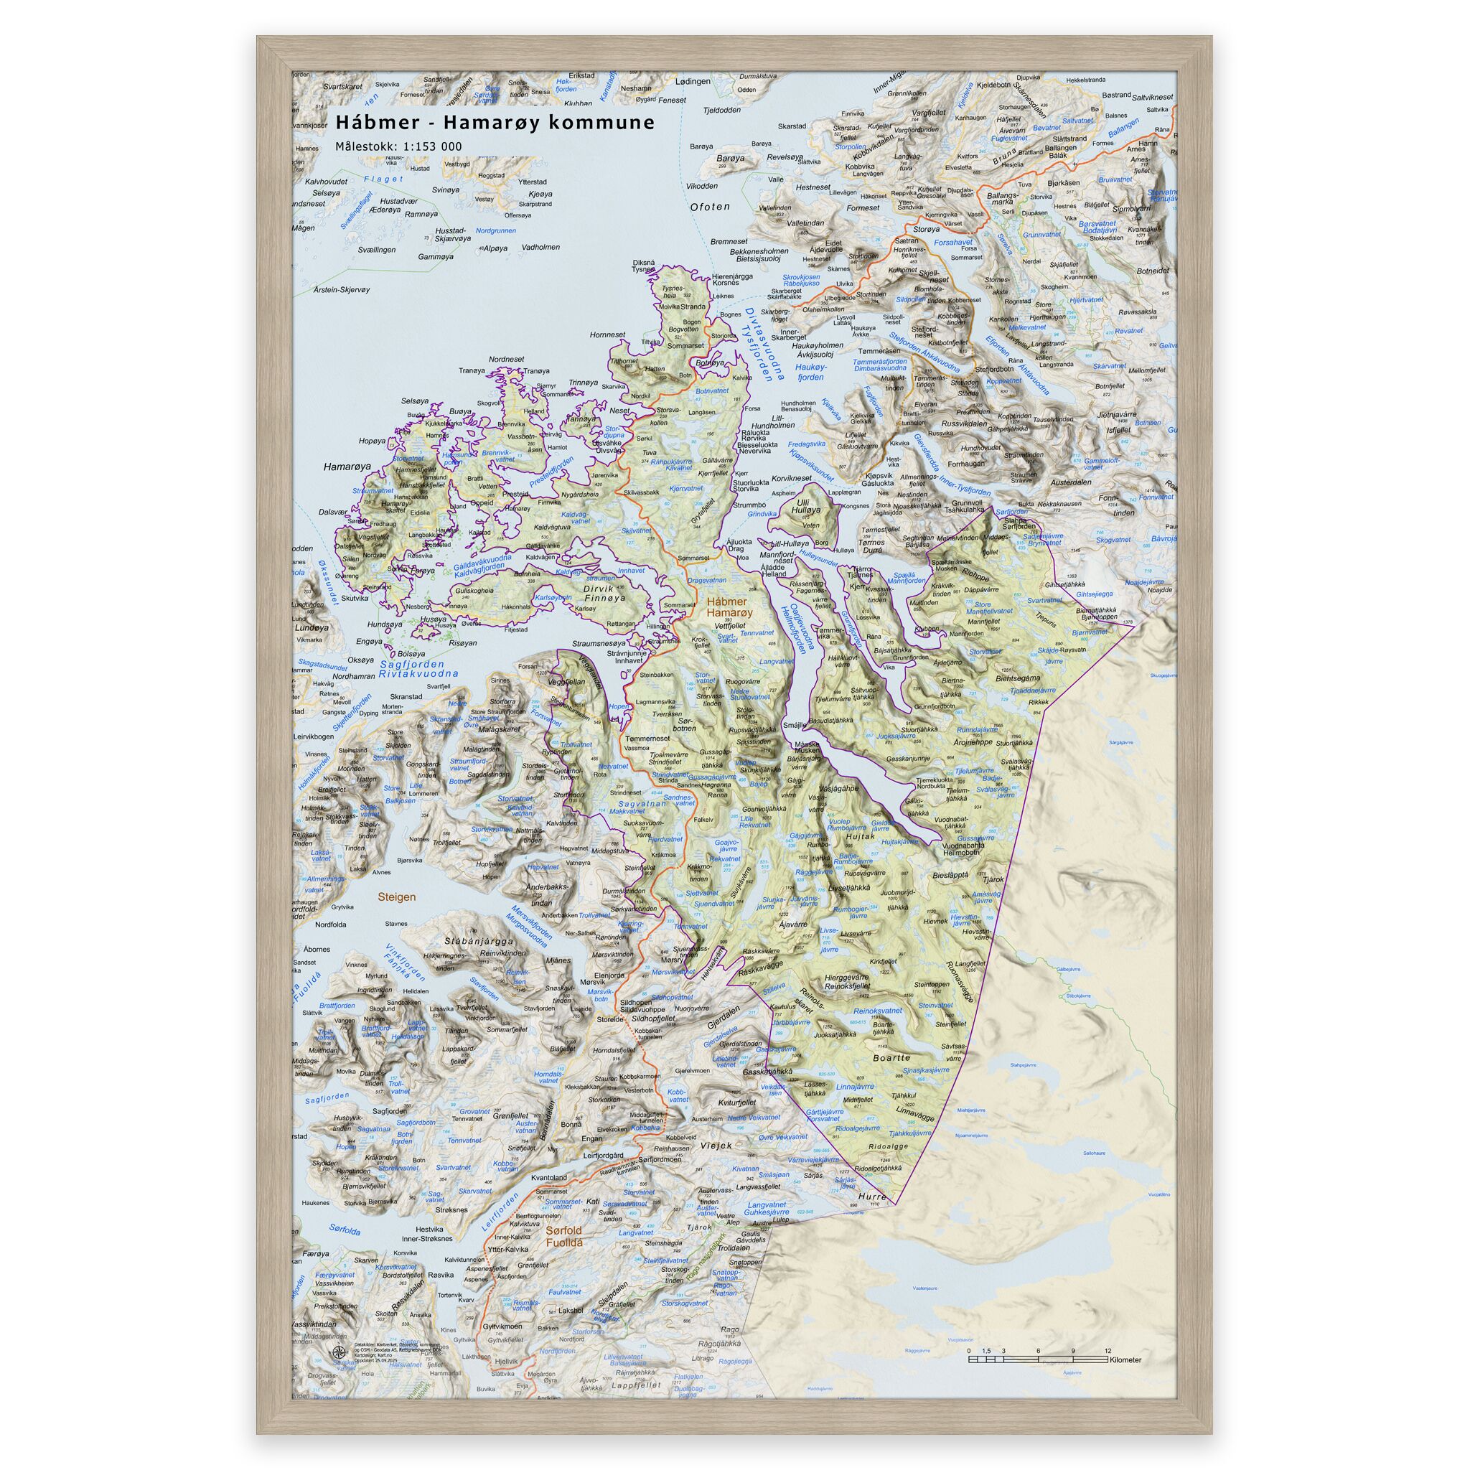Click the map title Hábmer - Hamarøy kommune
point(495,123)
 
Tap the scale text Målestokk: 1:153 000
point(398,147)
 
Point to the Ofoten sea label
point(709,207)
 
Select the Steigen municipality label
point(396,897)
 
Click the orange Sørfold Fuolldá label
point(563,1236)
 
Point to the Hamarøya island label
point(346,467)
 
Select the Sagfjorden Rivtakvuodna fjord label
point(419,669)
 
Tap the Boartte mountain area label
point(891,1057)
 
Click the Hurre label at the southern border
point(872,1196)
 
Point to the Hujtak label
point(861,836)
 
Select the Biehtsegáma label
point(1018,677)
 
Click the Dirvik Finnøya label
point(604,593)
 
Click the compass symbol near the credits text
point(337,1352)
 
